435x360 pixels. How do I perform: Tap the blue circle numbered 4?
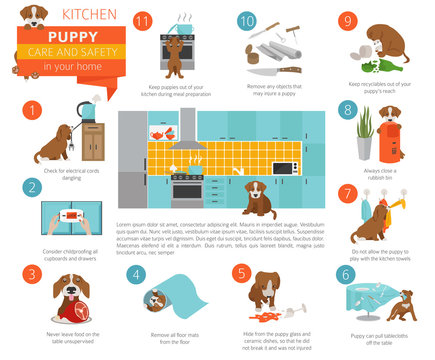point(137,272)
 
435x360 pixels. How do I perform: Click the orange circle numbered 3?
point(33,272)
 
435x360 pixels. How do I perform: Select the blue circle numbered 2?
point(33,187)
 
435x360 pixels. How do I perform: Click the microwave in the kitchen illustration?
point(286,167)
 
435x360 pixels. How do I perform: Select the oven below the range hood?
point(187,188)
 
